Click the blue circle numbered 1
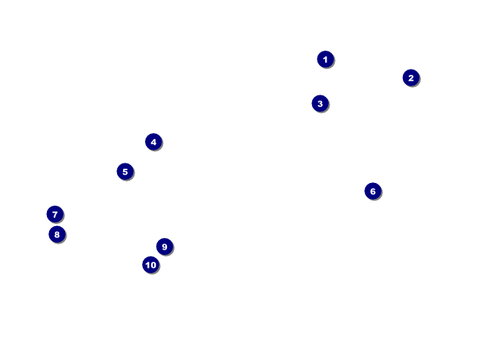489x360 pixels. point(325,59)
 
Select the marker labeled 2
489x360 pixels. point(410,77)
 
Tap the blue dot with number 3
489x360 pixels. point(320,104)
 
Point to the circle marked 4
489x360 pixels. point(153,141)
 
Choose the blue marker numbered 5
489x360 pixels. point(125,172)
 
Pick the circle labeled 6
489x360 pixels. point(372,191)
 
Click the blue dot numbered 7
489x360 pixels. point(54,214)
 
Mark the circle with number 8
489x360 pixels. point(57,234)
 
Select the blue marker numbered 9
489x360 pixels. point(164,247)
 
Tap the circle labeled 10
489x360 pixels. point(150,265)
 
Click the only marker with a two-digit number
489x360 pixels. point(150,265)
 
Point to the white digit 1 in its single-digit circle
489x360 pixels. point(325,59)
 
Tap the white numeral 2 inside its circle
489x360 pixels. point(410,77)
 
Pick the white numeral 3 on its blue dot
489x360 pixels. point(320,104)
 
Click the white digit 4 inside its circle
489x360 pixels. point(153,141)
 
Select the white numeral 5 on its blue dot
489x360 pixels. point(125,172)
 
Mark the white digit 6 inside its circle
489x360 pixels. point(372,191)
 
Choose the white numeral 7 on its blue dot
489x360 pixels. point(54,214)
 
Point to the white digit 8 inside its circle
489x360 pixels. point(57,234)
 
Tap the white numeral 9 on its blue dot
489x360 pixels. point(164,247)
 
